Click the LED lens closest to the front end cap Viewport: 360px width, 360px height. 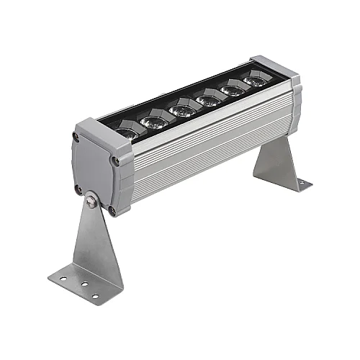pos(127,132)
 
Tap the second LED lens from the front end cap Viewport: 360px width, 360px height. pos(156,121)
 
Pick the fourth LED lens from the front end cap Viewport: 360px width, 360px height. pos(210,99)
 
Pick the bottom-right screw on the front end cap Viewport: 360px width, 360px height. pos(112,211)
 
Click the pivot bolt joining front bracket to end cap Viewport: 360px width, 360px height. pos(91,202)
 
